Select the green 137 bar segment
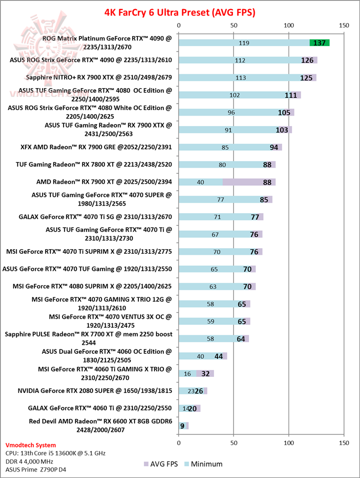[x=320, y=43]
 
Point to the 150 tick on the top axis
[x=343, y=25]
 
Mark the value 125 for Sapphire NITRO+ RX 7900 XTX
[x=307, y=78]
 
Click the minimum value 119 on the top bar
[x=244, y=43]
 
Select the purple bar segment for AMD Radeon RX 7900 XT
[x=248, y=182]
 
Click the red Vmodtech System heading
[x=31, y=445]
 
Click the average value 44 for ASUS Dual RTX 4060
[x=218, y=356]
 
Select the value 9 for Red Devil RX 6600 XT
[x=182, y=426]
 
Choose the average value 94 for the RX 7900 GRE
[x=274, y=147]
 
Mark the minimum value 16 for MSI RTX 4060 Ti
[x=187, y=373]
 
